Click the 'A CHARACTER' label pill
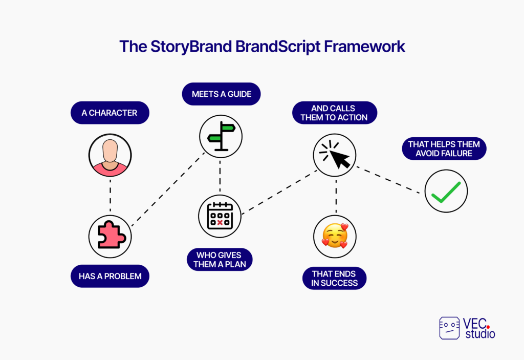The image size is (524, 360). point(110,113)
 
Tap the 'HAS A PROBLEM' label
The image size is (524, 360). point(110,276)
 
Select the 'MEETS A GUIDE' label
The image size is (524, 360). point(221,94)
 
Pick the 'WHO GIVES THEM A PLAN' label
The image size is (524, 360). point(220,260)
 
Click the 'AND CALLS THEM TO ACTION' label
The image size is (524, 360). point(335,113)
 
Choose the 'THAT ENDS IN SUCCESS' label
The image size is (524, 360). point(335,279)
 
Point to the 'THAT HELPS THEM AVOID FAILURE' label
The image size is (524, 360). point(444,149)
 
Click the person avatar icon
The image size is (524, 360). point(110,155)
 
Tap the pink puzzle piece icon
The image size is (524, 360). point(112,235)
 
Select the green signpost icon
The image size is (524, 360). point(221,136)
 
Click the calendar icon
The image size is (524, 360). point(220,216)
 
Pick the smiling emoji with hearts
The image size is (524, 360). point(335,236)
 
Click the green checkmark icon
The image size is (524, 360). point(446,192)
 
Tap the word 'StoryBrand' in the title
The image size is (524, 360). point(191,47)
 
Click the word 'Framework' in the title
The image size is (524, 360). point(364,46)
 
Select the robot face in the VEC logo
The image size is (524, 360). point(449,328)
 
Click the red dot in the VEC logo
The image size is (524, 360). point(488,327)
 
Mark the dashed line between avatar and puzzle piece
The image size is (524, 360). point(111,196)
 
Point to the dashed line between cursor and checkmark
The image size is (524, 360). point(388,180)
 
